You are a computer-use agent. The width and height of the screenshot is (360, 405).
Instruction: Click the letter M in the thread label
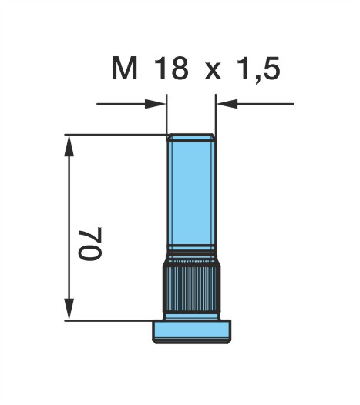tap(124, 69)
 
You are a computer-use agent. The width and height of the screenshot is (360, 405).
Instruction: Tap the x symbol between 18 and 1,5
tap(213, 71)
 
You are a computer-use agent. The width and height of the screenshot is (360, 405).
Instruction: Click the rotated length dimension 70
tap(90, 243)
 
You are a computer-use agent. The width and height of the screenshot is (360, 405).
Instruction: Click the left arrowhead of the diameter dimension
tap(155, 104)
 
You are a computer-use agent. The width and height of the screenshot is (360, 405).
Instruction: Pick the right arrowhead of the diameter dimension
tap(227, 104)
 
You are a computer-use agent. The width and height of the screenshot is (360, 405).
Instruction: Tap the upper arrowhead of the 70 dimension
tap(69, 146)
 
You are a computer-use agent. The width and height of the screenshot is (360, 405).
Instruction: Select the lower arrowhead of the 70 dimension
tap(69, 310)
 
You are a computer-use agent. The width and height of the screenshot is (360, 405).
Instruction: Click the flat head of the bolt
tap(192, 331)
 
